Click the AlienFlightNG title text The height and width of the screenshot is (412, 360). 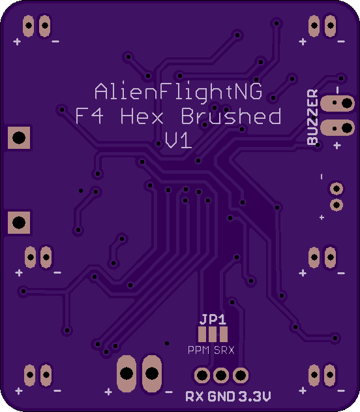[x=179, y=92]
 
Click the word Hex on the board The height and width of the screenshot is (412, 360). [x=142, y=116]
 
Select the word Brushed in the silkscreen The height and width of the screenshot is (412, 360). [x=231, y=116]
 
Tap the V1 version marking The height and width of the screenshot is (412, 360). [x=179, y=140]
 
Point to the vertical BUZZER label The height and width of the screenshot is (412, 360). [x=312, y=117]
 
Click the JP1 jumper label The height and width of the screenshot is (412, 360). [x=213, y=319]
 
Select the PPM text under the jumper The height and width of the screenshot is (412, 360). [x=199, y=350]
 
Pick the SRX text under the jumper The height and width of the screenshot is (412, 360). [x=224, y=350]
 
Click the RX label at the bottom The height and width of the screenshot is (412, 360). [x=194, y=396]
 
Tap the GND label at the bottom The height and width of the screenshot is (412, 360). [x=221, y=396]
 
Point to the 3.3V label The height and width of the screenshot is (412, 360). [x=254, y=396]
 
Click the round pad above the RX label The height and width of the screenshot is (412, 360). [x=202, y=375]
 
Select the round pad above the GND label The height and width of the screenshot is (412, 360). [x=221, y=375]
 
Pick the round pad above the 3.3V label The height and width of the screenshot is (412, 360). [x=241, y=375]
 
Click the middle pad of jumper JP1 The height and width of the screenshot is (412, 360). [x=213, y=334]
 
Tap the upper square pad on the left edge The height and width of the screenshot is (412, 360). [x=19, y=138]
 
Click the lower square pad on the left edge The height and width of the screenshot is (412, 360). [x=19, y=222]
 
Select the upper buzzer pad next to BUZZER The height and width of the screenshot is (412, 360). [x=337, y=103]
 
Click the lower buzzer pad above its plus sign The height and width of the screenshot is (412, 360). [x=337, y=128]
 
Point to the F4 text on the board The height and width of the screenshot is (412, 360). [x=89, y=116]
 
